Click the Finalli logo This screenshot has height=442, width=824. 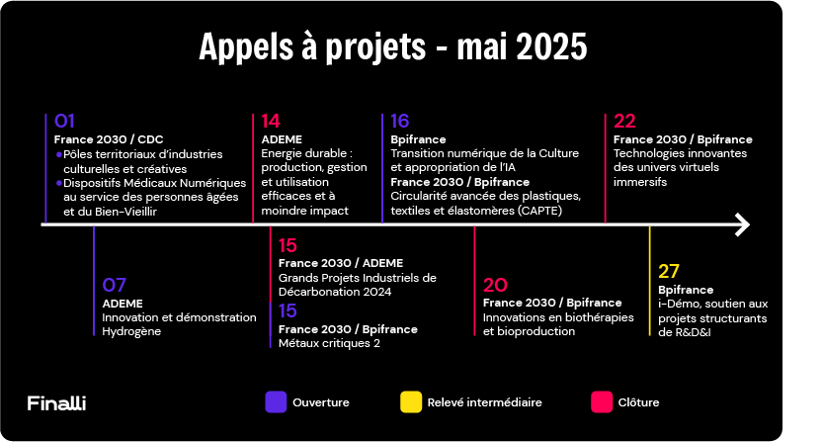pos(56,403)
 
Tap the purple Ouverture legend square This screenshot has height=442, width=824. pos(276,402)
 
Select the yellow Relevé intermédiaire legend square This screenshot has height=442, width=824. pos(411,402)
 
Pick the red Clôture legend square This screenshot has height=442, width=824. pos(602,402)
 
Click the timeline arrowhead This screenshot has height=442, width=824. pos(743,224)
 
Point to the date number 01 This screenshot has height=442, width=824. pos(64,121)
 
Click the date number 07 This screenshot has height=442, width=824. pos(114,285)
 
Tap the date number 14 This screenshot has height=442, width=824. pos(271,121)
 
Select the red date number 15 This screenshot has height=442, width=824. pos(288,245)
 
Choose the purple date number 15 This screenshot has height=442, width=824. pos(288,310)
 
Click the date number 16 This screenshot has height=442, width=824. pos(399,121)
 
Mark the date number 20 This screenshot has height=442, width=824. pos(495,285)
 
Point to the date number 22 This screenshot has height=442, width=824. pos(624,121)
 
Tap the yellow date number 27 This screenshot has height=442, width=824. pos(669,272)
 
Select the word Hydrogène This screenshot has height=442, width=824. pos(131,332)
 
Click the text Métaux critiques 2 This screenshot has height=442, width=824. pos(329,343)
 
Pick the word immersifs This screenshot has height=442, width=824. pos(640,182)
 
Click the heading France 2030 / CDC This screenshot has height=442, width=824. pos(109,139)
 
